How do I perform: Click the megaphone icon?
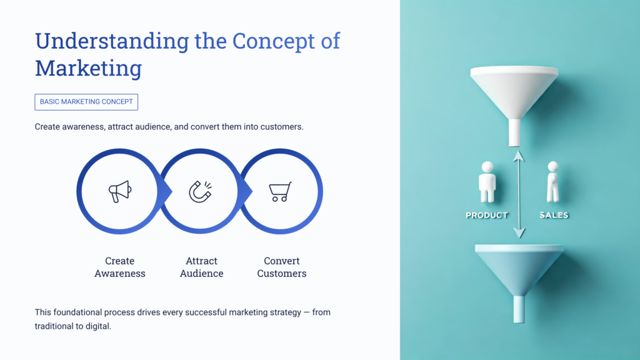coord(119,191)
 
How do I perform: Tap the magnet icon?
coord(200,191)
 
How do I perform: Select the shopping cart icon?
coord(279,191)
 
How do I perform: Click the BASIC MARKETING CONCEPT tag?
coord(86,102)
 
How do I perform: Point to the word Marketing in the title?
coord(88,68)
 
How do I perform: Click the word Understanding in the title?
coord(111,41)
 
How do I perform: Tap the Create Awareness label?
coord(119,267)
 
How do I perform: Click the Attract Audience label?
coord(201,267)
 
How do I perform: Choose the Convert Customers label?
coord(281,267)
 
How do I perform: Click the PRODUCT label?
coord(487,215)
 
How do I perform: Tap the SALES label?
coord(554,215)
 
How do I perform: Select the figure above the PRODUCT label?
coord(487,182)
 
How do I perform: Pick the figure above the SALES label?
coord(552,182)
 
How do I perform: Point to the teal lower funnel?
coord(519,266)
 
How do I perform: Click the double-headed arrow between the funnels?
coord(518,194)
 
